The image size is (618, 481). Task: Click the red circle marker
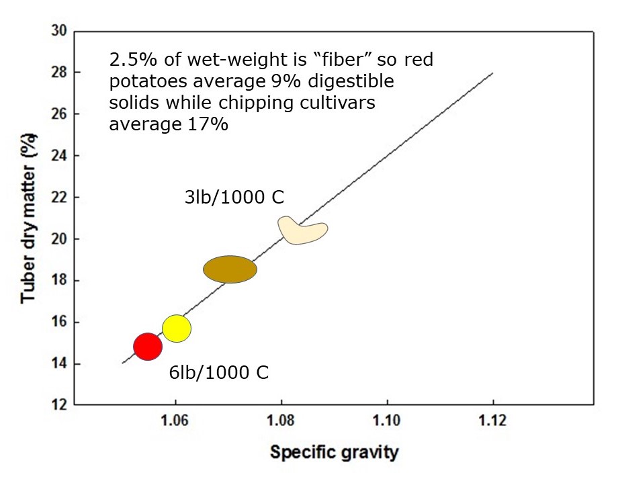[x=148, y=347]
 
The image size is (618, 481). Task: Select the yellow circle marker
[x=177, y=329]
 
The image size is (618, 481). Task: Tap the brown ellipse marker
[x=230, y=269]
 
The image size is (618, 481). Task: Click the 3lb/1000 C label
[x=234, y=198]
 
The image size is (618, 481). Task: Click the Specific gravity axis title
[x=334, y=452]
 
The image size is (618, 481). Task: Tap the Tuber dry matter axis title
[x=28, y=218]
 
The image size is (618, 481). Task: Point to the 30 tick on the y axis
[x=58, y=30]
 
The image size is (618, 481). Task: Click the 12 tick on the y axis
[x=58, y=405]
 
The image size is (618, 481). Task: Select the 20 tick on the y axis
[x=58, y=238]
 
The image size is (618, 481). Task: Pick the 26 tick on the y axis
[x=58, y=114]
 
